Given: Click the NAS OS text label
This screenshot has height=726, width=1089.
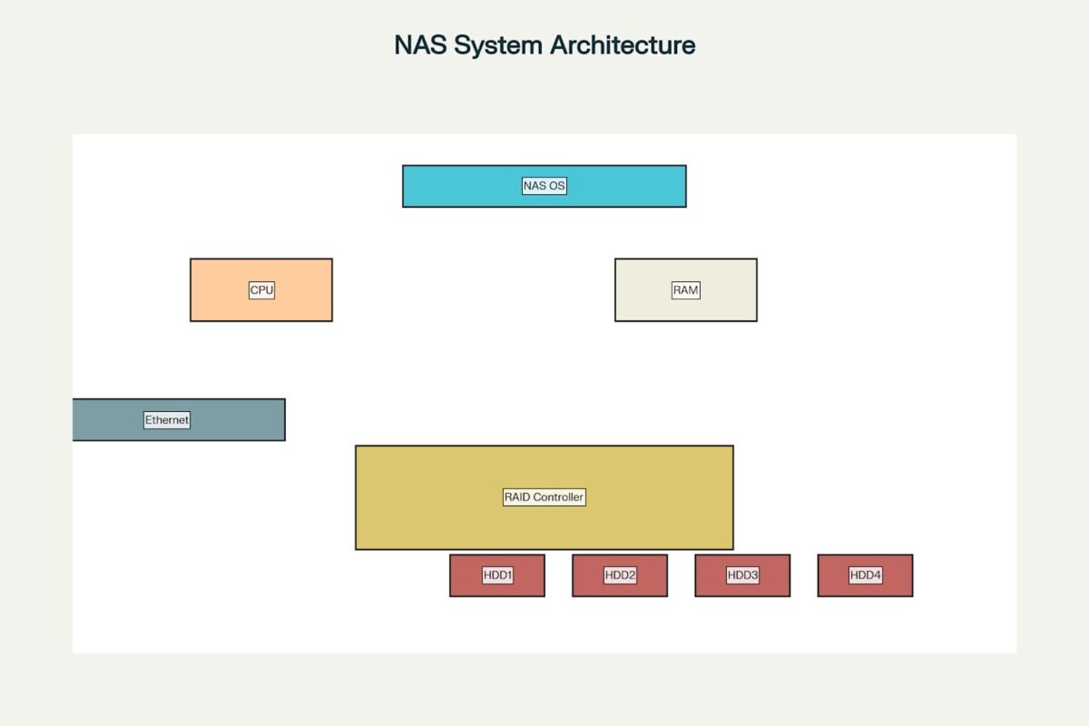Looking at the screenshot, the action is pos(544,186).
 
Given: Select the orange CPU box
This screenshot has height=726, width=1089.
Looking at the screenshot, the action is pos(261,289).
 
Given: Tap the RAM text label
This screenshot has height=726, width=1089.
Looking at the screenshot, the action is pos(685,290).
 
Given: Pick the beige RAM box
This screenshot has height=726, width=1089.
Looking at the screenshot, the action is pos(686,289).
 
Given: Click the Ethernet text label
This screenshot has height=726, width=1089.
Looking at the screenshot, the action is pos(167,420).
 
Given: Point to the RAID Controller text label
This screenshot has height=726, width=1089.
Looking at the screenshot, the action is pos(544,497).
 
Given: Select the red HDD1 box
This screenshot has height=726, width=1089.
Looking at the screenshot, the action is pos(497,575).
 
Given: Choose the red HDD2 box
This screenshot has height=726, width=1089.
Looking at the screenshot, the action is pos(620,575).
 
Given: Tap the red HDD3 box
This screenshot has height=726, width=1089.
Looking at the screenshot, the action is pos(742,575).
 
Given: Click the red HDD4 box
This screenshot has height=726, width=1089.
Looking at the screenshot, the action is pos(866,575).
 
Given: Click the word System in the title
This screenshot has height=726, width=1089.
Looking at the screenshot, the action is pos(498,45).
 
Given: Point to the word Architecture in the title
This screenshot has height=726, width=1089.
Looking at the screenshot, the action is pos(623,44).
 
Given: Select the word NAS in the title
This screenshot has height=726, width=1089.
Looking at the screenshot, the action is pos(420,44).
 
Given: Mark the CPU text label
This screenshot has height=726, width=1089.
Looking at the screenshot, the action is pos(261,290).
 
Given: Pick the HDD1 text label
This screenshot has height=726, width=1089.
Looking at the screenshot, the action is pos(497,575).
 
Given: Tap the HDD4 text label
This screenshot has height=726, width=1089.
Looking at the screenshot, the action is pos(866,575).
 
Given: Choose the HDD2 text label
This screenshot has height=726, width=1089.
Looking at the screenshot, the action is pos(620,575).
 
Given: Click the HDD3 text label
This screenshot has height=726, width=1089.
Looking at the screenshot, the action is pos(742,575).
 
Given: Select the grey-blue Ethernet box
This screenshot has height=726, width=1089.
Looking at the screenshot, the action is pos(179,420).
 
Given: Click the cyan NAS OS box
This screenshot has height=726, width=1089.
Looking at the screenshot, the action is pos(544,186).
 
